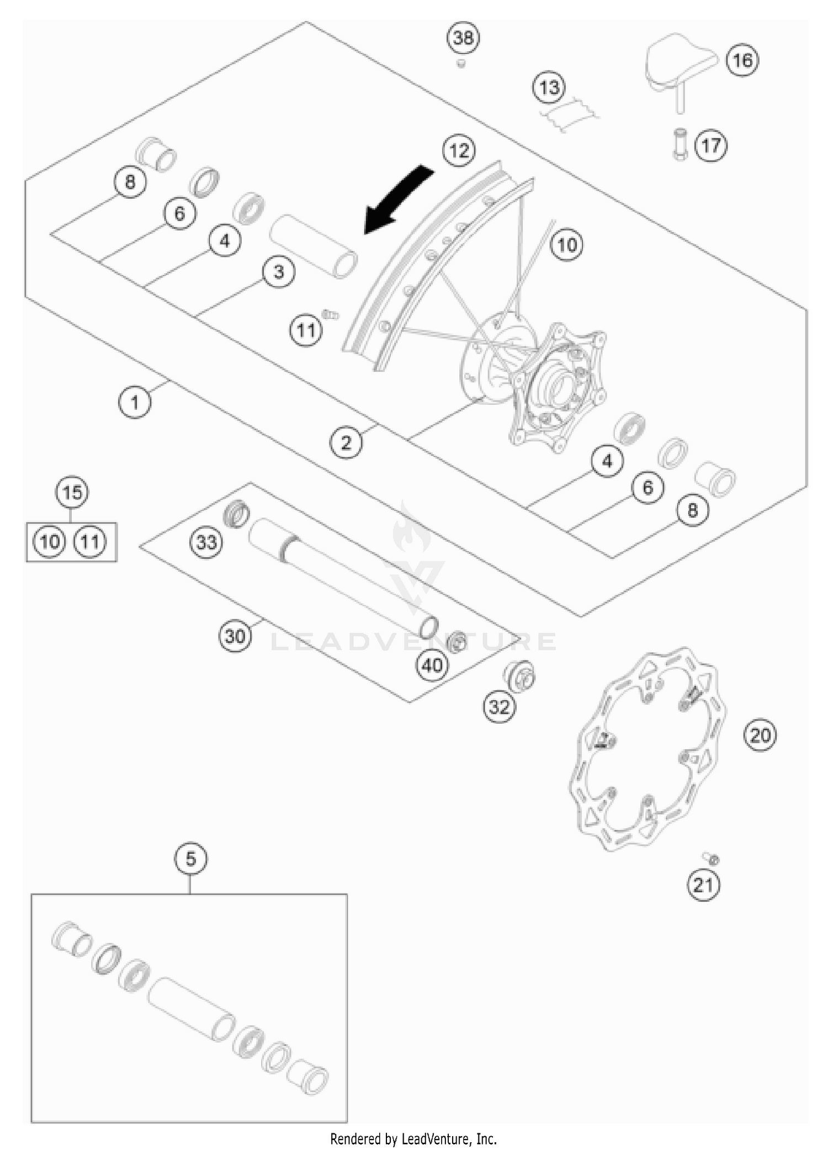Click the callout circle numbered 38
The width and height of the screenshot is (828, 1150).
coord(463,38)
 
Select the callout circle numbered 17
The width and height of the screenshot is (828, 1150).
coord(711,146)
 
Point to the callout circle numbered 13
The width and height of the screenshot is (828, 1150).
coord(549,87)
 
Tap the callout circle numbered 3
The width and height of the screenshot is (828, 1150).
coord(279,271)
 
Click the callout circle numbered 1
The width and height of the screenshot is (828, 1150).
coord(135,402)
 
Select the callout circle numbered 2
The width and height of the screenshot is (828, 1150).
coord(346,442)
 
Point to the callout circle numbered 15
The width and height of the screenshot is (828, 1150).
coord(72,492)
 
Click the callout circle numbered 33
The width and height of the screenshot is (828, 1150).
coord(206,542)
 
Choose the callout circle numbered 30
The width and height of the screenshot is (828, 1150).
coord(235,636)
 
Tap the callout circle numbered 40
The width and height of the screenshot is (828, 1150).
coord(432,665)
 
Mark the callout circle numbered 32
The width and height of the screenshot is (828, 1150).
coord(500,706)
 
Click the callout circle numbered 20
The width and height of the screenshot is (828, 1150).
coord(760,735)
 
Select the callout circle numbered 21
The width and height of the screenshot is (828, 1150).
coord(703,886)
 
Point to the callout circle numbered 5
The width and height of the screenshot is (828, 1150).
coord(190,859)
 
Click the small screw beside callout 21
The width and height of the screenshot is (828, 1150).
coord(712,859)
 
